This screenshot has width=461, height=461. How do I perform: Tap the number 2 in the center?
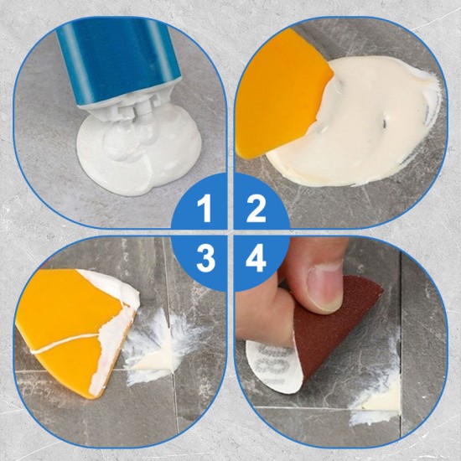pos(256,208)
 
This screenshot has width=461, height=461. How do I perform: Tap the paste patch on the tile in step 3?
pos(159,352)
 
